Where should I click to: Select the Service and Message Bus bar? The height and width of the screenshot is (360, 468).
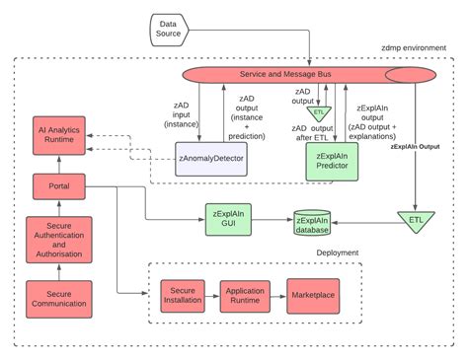pos(296,76)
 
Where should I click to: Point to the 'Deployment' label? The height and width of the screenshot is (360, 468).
pos(337,252)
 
